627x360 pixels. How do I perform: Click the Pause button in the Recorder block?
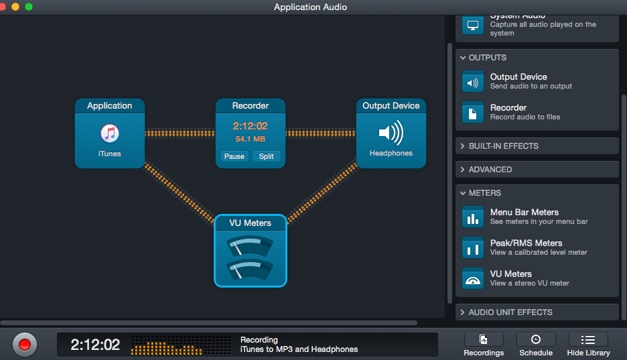pyautogui.click(x=234, y=156)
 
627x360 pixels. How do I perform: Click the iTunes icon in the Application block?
pyautogui.click(x=109, y=133)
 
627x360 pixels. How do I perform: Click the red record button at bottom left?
pyautogui.click(x=25, y=345)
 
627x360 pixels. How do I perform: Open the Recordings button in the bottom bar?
pyautogui.click(x=483, y=345)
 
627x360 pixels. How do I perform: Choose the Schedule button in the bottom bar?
pyautogui.click(x=536, y=345)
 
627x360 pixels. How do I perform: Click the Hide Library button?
pyautogui.click(x=588, y=345)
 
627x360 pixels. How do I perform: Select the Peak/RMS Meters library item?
pyautogui.click(x=526, y=247)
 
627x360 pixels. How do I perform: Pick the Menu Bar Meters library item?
pyautogui.click(x=524, y=216)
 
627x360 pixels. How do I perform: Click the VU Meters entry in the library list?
pyautogui.click(x=510, y=278)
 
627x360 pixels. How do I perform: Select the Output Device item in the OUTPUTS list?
pyautogui.click(x=518, y=80)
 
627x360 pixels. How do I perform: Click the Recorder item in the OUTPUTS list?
pyautogui.click(x=508, y=111)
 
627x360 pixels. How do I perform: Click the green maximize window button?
pyautogui.click(x=29, y=7)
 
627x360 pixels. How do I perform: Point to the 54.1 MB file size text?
pyautogui.click(x=250, y=139)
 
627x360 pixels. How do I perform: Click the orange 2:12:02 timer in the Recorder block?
pyautogui.click(x=250, y=126)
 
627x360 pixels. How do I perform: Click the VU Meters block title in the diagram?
pyautogui.click(x=250, y=223)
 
